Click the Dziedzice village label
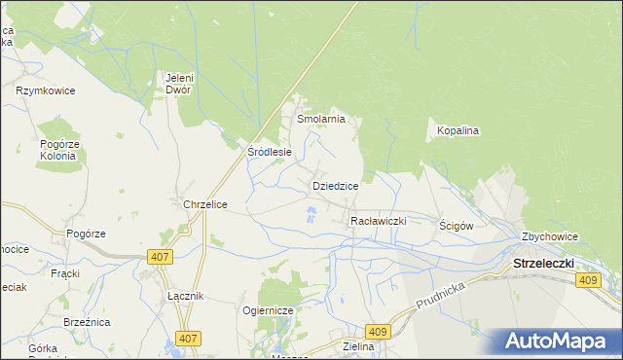tap(336, 186)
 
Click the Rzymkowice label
tap(45, 90)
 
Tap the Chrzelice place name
tap(205, 205)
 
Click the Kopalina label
tap(458, 130)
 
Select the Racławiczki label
tap(378, 222)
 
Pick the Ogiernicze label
tap(268, 310)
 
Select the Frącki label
tap(65, 273)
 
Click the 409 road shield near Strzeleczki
tap(587, 281)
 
